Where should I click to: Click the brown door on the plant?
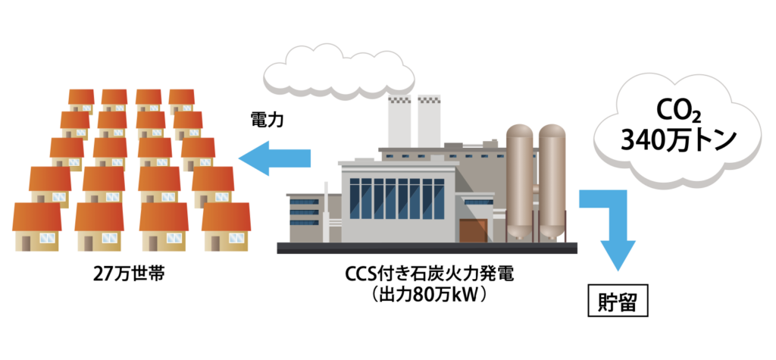click(x=472, y=230)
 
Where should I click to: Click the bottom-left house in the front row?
click(x=37, y=227)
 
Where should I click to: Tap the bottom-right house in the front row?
click(x=226, y=227)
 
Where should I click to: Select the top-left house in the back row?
click(x=80, y=99)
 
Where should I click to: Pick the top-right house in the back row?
click(x=181, y=99)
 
